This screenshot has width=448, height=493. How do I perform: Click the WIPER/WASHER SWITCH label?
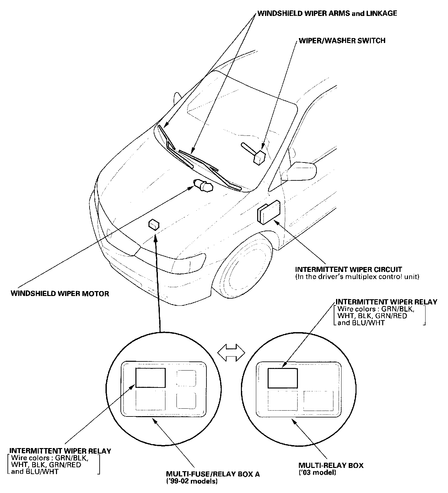pos(342,41)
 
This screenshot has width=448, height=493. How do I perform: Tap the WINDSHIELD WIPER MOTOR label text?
pos(60,294)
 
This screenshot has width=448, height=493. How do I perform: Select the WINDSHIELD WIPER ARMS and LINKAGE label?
pos(327,13)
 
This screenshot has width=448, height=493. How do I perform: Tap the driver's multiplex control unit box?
pos(269,211)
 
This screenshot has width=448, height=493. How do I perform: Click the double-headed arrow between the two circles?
pos(231,353)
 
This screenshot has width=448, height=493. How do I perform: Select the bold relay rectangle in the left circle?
pos(150,377)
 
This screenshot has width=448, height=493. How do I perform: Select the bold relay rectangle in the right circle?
pos(283,378)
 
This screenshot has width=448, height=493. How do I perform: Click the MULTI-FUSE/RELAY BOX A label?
pos(213,474)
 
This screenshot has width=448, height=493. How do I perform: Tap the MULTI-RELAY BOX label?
pos(331,465)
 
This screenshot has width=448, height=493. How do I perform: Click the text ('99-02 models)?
pos(192,481)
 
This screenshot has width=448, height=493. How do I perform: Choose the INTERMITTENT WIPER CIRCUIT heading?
pos(348,270)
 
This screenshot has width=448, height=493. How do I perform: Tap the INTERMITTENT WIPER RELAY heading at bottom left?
pos(61,451)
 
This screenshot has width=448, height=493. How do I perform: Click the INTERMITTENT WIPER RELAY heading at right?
pos(386,302)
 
